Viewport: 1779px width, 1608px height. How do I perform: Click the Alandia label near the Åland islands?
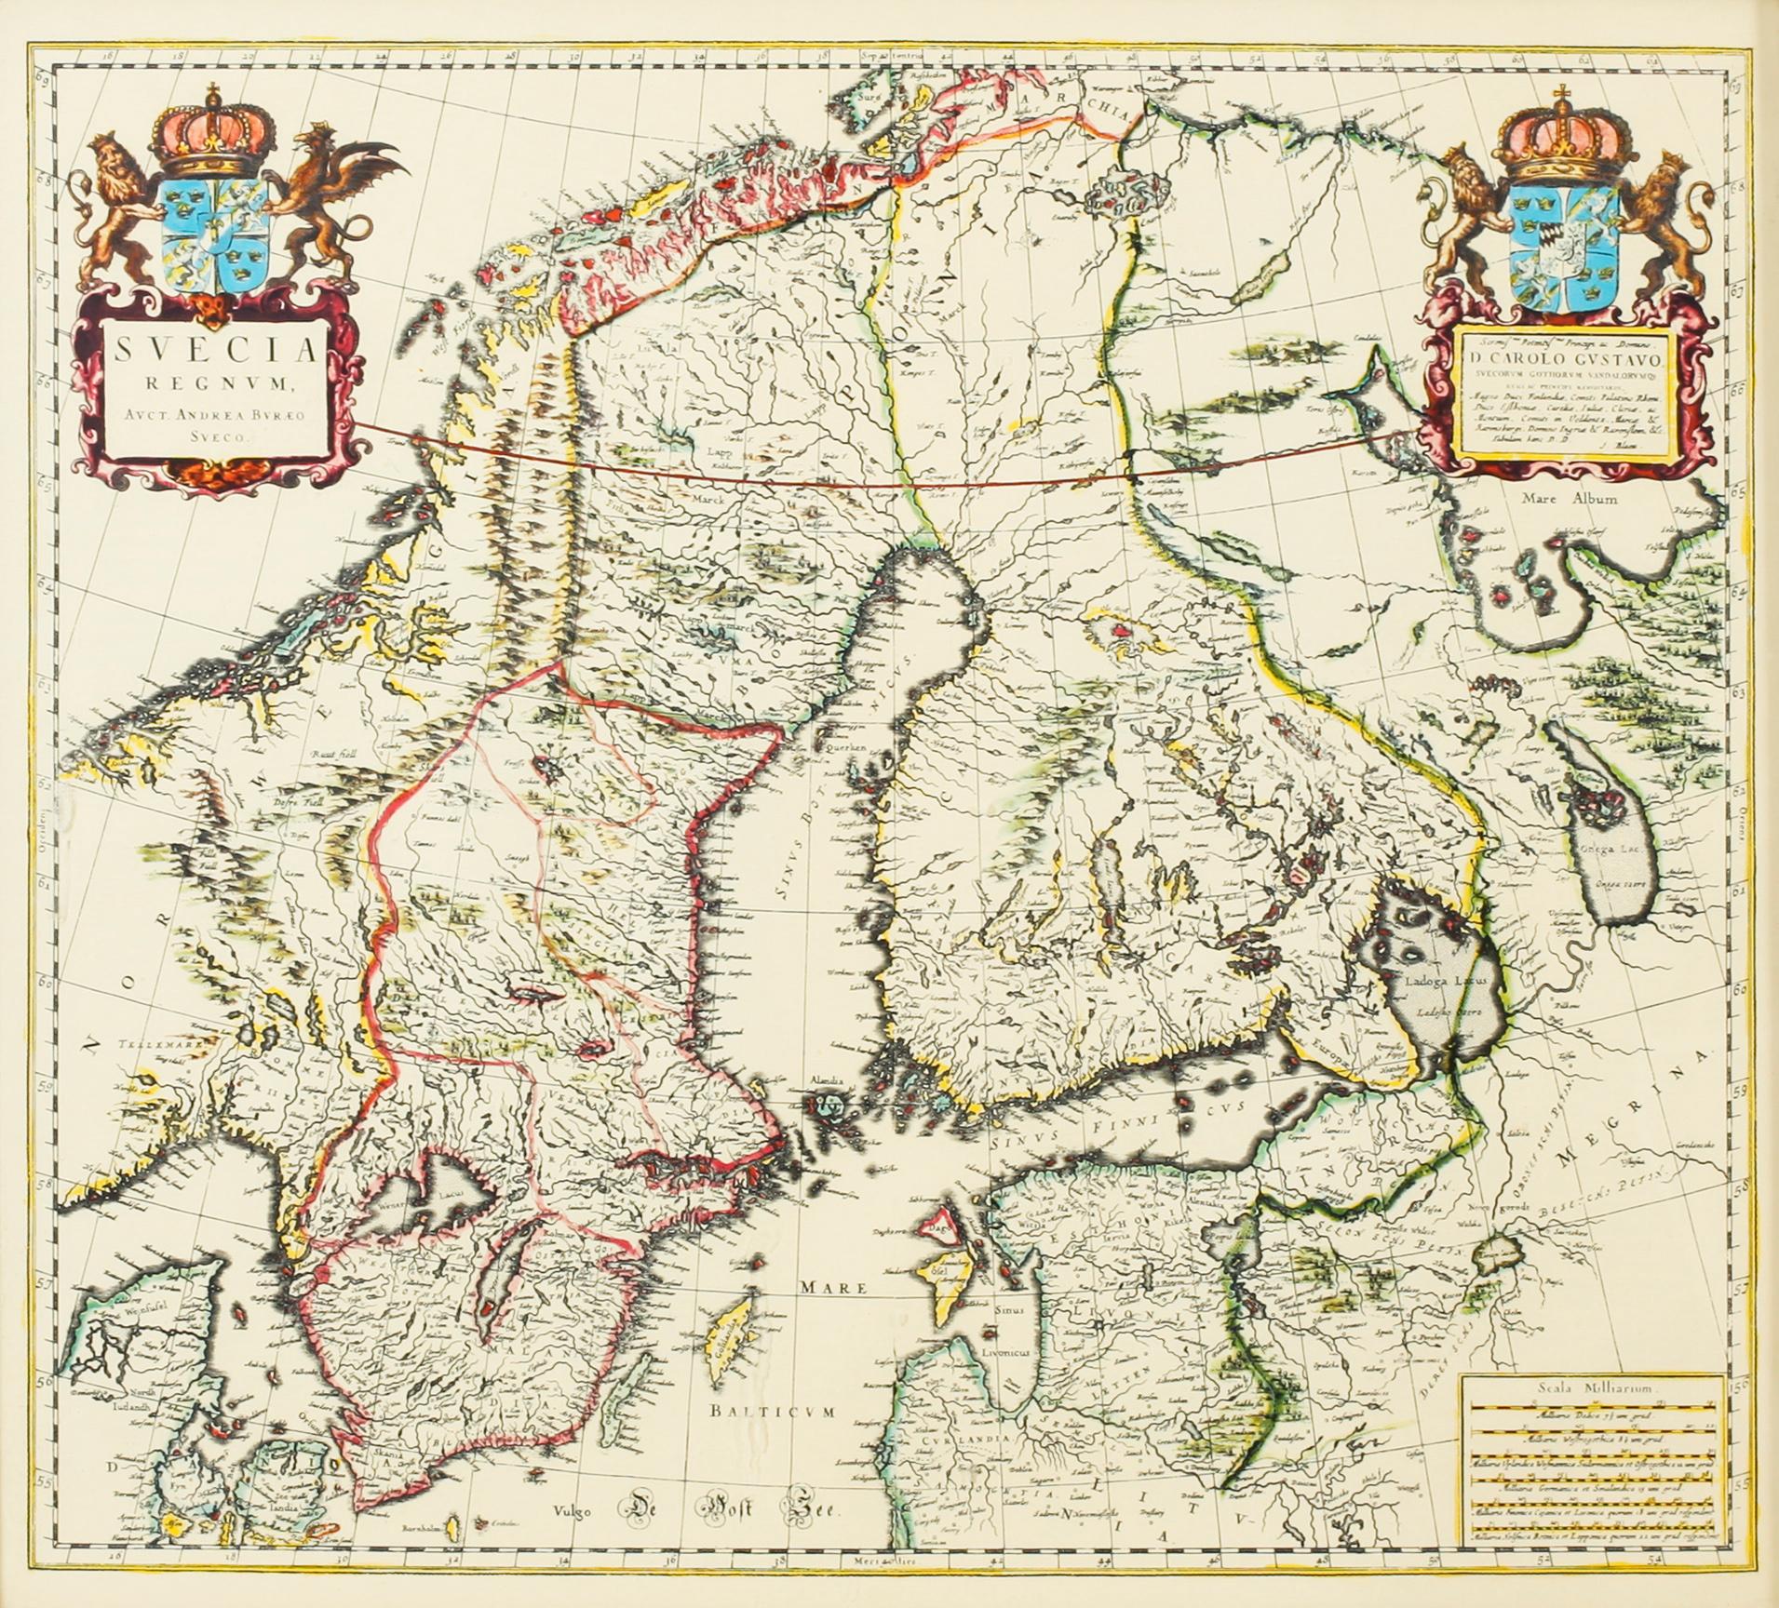tap(824, 1082)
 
